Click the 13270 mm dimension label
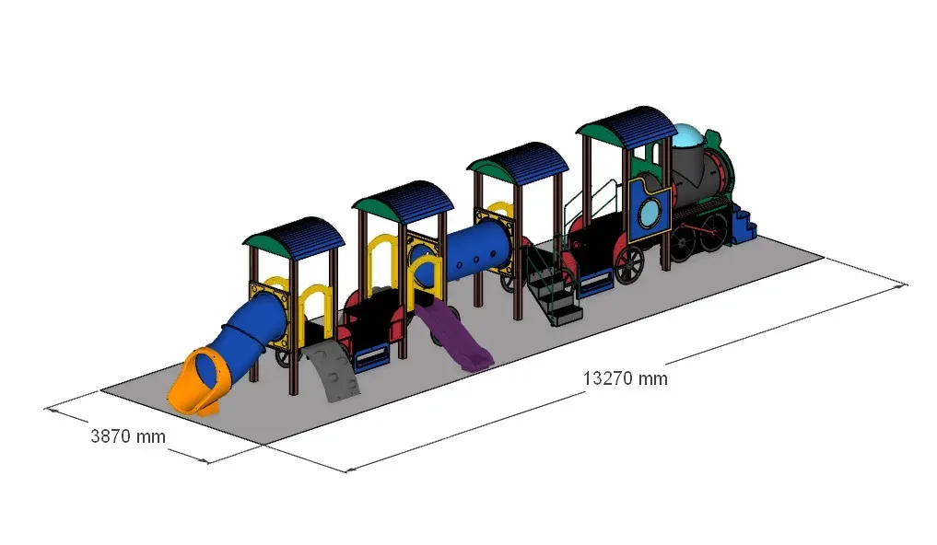coord(625,378)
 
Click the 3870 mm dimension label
coord(128,436)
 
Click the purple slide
coord(454,335)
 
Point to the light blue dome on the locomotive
coord(686,135)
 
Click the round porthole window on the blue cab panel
coord(650,213)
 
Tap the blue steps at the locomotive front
coord(743,225)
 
